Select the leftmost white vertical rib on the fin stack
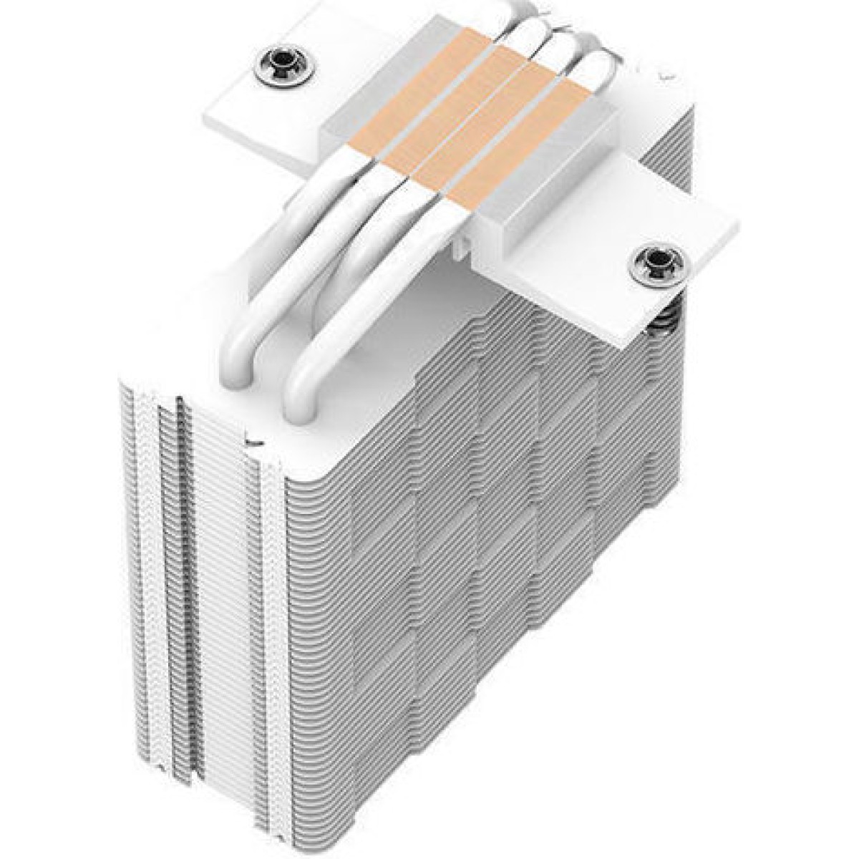(x=147, y=573)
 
